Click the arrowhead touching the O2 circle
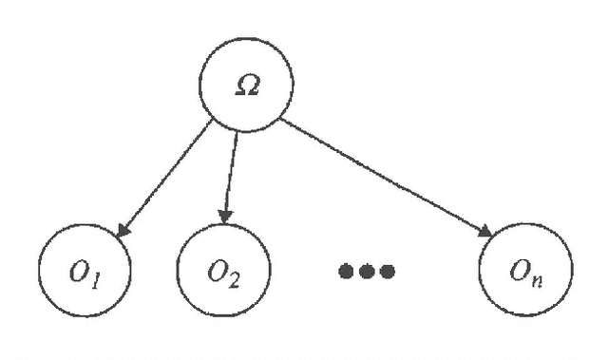225,217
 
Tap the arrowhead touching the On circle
485,233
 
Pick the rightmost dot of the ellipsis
387,272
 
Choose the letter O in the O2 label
216,270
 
